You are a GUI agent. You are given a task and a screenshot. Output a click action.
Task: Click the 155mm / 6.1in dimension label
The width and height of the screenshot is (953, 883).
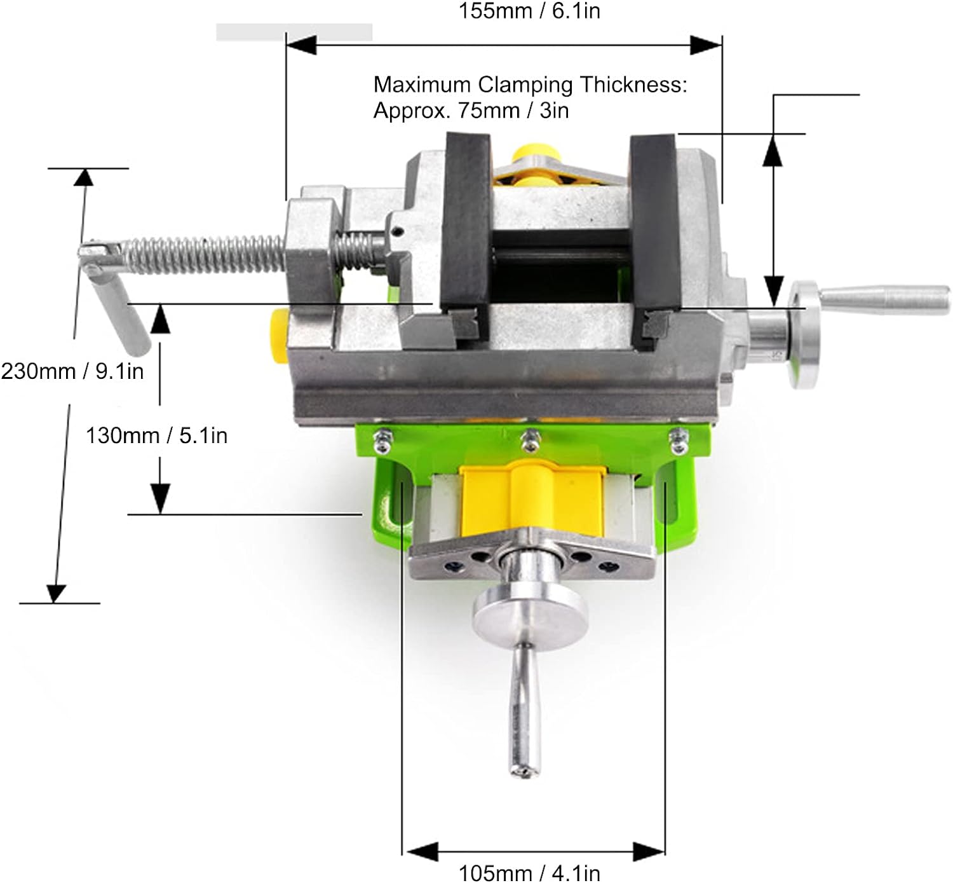[x=529, y=11]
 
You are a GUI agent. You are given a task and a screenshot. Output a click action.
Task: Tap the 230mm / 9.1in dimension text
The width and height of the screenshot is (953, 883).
[x=72, y=371]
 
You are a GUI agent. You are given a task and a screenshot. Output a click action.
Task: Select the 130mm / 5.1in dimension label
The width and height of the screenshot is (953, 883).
[x=156, y=435]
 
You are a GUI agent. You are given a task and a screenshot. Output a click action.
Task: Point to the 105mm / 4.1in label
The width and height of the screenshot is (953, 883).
[x=529, y=873]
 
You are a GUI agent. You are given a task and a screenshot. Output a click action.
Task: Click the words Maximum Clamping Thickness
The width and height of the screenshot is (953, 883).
[x=531, y=85]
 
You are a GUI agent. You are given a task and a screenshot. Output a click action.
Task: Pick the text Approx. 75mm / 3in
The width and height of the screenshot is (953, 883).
[x=471, y=111]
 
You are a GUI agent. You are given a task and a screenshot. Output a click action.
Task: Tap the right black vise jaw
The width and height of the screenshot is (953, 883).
[x=654, y=221]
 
